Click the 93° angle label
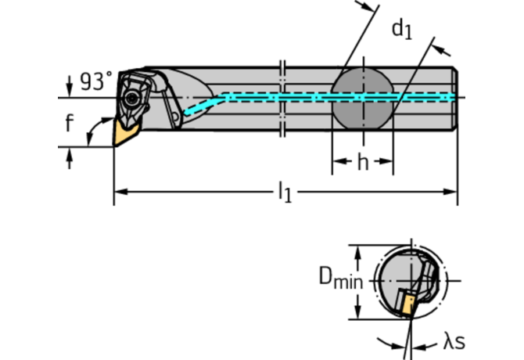pos(96,81)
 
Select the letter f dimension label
pos(70,124)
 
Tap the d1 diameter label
pos(402,30)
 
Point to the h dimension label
pos(362,163)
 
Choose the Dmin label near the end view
pos(339,278)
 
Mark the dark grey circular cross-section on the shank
pos(362,97)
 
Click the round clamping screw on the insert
pos(133,99)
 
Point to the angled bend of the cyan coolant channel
pos(219,99)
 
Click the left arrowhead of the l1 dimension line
pos(119,190)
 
